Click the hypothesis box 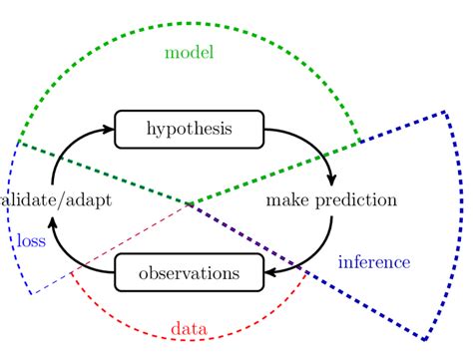click(189, 128)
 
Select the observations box click(189, 271)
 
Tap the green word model click(191, 51)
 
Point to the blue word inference click(374, 262)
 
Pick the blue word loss click(30, 240)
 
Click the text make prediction click(331, 199)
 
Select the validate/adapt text click(56, 199)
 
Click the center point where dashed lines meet click(189, 203)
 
